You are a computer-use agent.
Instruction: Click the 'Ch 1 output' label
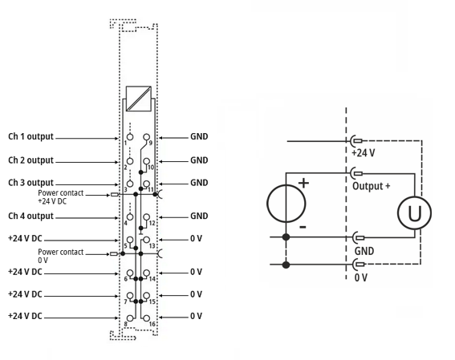pyautogui.click(x=30, y=136)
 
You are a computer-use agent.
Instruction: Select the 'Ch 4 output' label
pyautogui.click(x=30, y=216)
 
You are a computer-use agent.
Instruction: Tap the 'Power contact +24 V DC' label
pyautogui.click(x=61, y=196)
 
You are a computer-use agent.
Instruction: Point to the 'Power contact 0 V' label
pyautogui.click(x=61, y=256)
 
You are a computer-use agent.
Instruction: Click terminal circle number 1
pyautogui.click(x=130, y=137)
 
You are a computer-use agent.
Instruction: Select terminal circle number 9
pyautogui.click(x=147, y=137)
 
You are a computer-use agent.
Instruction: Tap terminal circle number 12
pyautogui.click(x=147, y=216)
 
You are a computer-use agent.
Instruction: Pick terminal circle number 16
pyautogui.click(x=147, y=318)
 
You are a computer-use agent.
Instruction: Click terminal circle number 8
pyautogui.click(x=130, y=318)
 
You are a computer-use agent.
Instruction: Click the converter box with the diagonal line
pyautogui.click(x=138, y=99)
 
